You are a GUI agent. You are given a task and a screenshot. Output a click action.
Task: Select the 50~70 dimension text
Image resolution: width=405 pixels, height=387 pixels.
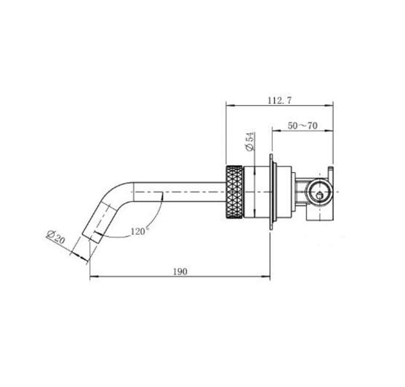[302, 126]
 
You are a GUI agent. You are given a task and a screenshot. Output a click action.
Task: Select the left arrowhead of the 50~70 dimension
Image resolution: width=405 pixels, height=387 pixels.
[275, 133]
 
